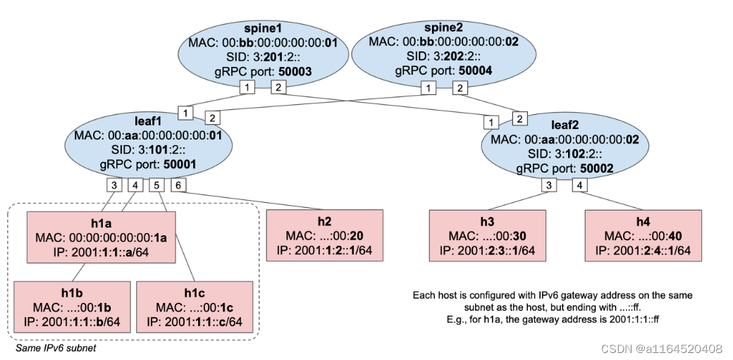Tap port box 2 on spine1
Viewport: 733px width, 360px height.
278,87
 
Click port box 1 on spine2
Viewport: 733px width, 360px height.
428,88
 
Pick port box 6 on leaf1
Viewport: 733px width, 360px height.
179,185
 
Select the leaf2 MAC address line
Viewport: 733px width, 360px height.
565,139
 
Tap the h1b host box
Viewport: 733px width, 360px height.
72,306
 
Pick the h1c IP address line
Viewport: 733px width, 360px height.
195,321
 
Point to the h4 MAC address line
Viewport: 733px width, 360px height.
643,235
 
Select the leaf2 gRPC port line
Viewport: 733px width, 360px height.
565,168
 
